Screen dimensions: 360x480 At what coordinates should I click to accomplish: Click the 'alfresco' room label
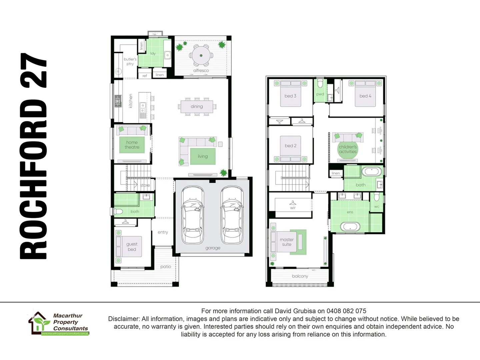point(201,70)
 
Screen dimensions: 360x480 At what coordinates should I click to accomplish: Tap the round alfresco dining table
point(201,56)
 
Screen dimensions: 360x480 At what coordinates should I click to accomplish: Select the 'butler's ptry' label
point(130,61)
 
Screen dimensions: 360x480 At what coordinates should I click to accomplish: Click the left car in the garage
point(193,215)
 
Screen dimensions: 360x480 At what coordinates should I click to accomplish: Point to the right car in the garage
point(232,215)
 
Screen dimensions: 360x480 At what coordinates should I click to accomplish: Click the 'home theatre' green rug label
point(132,145)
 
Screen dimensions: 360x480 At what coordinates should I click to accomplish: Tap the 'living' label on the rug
point(203,156)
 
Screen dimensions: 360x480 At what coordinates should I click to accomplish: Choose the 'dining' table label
point(197,106)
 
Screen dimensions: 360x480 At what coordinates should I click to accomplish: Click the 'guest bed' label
point(132,247)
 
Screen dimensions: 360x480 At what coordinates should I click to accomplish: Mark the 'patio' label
point(166,266)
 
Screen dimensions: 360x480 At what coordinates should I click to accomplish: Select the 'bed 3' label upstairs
point(290,96)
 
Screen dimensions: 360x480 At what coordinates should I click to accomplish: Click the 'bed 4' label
point(365,96)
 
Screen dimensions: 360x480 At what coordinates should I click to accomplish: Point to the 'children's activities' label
point(348,149)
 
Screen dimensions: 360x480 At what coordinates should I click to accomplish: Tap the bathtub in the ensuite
point(350,227)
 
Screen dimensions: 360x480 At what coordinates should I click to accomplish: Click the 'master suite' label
point(287,242)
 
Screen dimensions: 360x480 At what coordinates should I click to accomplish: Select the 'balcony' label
point(300,276)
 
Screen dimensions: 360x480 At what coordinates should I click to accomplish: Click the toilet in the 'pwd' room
point(320,83)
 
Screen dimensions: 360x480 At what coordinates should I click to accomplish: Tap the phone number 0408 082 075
point(346,311)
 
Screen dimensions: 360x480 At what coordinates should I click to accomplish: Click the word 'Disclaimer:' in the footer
point(124,319)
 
